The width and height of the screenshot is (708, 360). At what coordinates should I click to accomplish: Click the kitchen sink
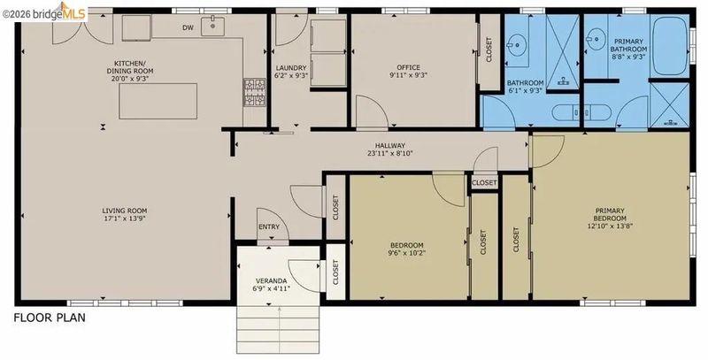(x=212, y=26)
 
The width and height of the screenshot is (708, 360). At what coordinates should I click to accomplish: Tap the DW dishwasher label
(x=188, y=28)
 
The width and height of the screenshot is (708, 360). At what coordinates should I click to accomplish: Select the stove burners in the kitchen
(x=255, y=93)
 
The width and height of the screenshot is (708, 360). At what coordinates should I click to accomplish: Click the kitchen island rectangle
(x=158, y=101)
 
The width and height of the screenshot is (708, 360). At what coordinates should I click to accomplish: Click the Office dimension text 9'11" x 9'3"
(x=408, y=75)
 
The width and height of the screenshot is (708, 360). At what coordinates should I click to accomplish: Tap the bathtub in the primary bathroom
(x=670, y=46)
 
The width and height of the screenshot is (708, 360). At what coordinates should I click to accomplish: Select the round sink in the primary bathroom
(x=596, y=39)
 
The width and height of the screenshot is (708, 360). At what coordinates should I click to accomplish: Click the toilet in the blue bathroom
(x=582, y=112)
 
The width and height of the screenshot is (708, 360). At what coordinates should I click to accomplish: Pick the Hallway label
(x=390, y=149)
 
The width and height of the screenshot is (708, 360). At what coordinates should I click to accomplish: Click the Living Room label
(x=124, y=214)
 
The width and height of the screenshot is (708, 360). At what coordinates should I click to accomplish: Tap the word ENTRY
(x=269, y=227)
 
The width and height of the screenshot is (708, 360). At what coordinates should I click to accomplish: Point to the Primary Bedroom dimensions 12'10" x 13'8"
(x=610, y=226)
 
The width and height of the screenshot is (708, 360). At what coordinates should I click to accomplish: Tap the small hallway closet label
(x=484, y=183)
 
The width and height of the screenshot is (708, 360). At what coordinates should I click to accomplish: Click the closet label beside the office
(x=489, y=50)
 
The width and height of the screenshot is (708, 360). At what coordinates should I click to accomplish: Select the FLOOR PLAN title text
(x=50, y=318)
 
